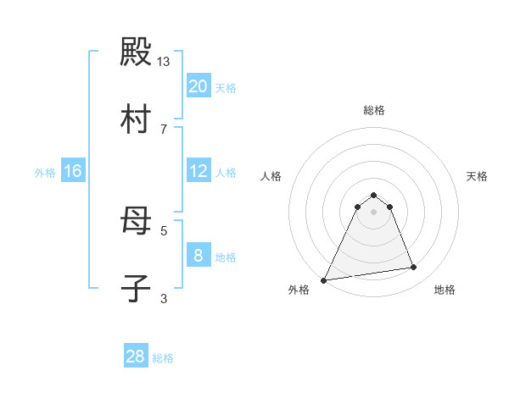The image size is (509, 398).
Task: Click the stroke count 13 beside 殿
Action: pos(164,62)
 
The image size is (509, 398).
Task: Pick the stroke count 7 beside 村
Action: pos(164,129)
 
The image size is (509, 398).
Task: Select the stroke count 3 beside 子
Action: pos(164,297)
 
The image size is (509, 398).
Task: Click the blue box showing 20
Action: pos(198,86)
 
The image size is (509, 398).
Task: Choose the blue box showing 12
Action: pos(198,171)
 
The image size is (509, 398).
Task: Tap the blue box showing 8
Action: pos(198,256)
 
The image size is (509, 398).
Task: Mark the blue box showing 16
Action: pos(72,171)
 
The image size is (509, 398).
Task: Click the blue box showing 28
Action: pos(136,357)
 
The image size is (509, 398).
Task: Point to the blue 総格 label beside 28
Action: pos(164,358)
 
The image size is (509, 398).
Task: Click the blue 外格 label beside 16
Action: pos(45,173)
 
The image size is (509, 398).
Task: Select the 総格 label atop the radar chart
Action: pos(374,110)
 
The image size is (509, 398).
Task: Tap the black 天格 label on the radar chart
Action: pos(477,176)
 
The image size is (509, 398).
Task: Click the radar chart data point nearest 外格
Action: pos(323,279)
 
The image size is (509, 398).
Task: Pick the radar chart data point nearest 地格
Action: pos(414,268)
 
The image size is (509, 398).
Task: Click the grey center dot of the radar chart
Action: pos(374,211)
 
